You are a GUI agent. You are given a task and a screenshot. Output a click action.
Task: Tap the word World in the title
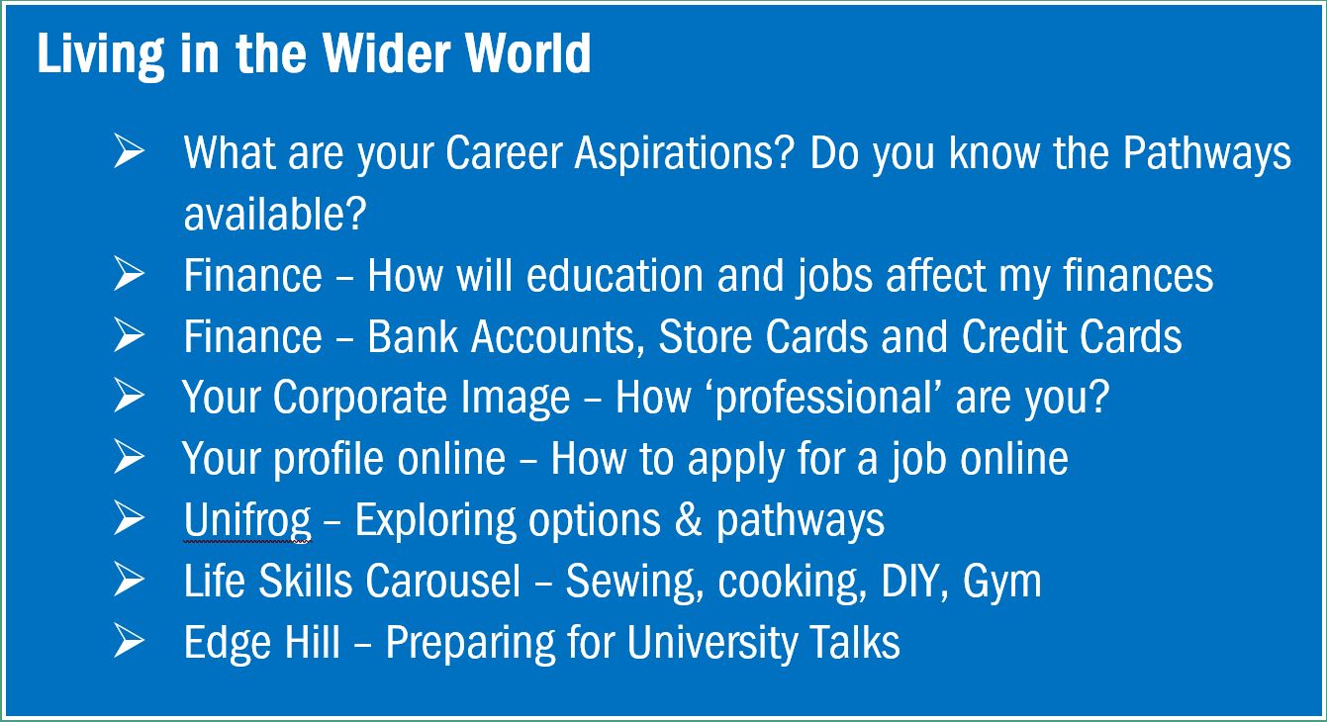click(x=527, y=53)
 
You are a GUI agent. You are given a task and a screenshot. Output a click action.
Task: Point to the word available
click(x=275, y=214)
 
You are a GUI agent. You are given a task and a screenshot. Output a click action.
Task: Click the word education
click(x=615, y=275)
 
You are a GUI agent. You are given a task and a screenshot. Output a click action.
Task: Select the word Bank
click(x=413, y=336)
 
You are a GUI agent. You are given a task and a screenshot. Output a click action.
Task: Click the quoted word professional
click(x=823, y=398)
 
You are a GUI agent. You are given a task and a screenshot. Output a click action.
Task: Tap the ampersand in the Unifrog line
click(x=688, y=520)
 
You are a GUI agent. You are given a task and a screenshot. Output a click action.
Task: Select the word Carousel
click(x=442, y=581)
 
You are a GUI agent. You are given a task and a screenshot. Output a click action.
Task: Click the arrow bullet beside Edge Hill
click(x=130, y=641)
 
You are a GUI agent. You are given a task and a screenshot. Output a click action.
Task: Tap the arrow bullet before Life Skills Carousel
click(x=130, y=580)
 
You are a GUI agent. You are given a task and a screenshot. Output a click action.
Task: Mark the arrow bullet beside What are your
click(x=130, y=151)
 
